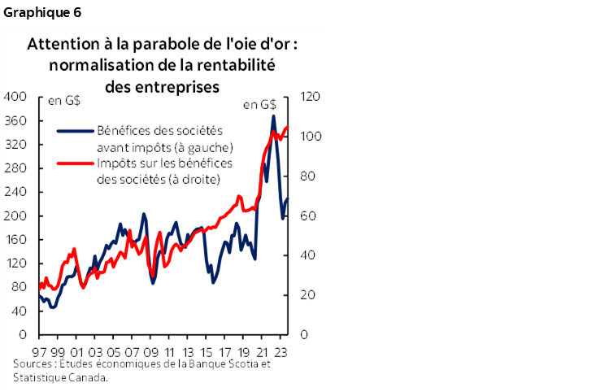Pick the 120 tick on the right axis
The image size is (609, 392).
click(311, 97)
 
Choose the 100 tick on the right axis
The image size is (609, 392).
click(311, 137)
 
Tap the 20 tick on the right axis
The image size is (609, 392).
click(308, 295)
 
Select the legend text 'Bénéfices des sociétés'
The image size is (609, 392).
click(159, 130)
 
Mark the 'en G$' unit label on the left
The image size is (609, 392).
click(65, 102)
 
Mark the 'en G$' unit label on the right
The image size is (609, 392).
click(259, 104)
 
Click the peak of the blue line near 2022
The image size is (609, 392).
click(273, 116)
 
